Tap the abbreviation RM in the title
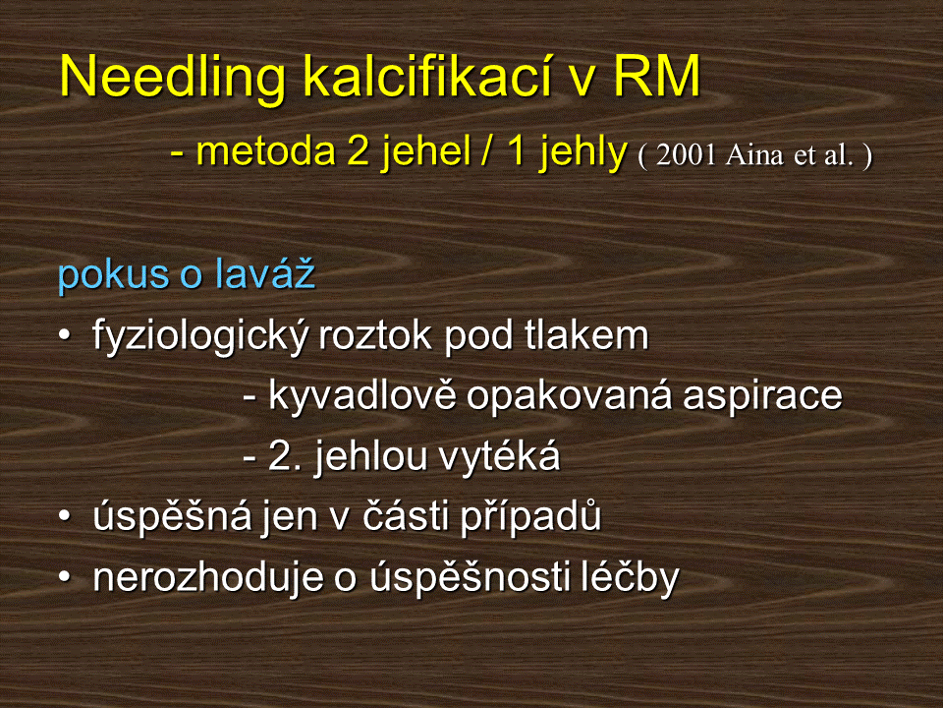[657, 76]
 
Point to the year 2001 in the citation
[686, 155]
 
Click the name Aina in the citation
[754, 155]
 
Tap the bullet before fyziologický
[65, 334]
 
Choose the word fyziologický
[202, 336]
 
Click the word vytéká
[499, 455]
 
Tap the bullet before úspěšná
[65, 516]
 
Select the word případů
[531, 516]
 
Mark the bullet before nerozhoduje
[65, 577]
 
